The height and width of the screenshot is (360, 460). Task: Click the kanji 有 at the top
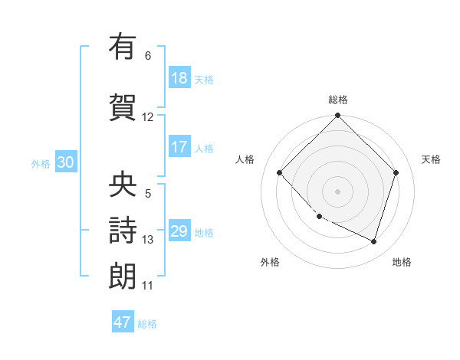pos(123,47)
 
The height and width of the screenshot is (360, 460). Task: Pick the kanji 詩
pos(123,231)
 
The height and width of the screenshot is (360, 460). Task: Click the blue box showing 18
pos(179,78)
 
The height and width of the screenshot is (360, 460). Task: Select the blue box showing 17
pos(179,147)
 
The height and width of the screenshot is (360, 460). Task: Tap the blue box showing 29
pos(179,231)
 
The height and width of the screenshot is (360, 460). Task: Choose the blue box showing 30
pos(65,162)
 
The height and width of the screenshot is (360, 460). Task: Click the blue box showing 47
pos(123,322)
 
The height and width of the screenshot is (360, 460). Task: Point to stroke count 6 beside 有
pos(148,56)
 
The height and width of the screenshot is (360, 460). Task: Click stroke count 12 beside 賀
pos(148,117)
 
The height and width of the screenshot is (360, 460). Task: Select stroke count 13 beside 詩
pos(148,240)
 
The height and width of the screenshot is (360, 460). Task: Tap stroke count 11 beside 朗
pos(148,286)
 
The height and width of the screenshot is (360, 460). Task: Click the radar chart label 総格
pos(338,100)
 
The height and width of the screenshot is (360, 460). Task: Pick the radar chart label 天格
pos(431,159)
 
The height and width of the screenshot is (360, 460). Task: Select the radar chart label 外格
pos(270,262)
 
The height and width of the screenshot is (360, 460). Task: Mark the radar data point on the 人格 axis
pos(280,172)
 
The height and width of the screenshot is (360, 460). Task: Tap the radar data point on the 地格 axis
pos(373,241)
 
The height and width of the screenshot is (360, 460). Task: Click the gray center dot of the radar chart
pos(338,191)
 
